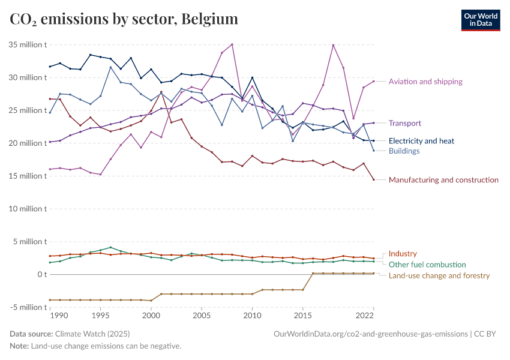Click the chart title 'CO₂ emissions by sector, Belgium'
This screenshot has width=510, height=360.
tap(124, 19)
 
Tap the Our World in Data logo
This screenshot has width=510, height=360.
tap(480, 20)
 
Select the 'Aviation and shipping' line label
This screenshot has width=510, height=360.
tap(425, 82)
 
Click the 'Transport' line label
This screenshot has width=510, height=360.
tap(405, 123)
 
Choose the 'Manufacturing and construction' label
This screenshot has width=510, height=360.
tap(443, 180)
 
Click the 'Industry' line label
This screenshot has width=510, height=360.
tap(403, 254)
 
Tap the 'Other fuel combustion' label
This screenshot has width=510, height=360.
tap(427, 265)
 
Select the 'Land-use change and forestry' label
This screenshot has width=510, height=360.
tap(439, 276)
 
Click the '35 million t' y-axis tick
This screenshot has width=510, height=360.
tap(28, 45)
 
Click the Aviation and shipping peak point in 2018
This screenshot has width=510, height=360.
tap(333, 45)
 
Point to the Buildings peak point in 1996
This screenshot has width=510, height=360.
tap(110, 67)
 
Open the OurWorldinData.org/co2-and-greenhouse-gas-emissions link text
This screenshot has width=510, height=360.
tap(370, 334)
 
